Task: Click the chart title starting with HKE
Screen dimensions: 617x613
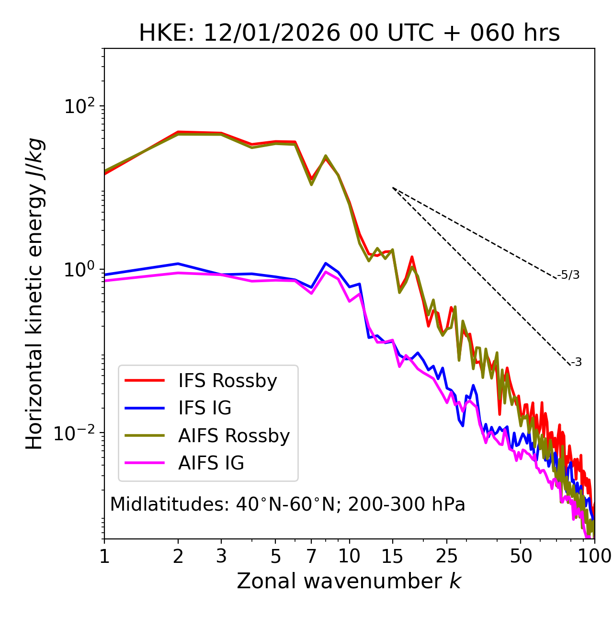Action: click(349, 34)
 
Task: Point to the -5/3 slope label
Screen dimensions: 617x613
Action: click(568, 275)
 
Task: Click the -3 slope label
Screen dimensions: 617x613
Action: click(576, 363)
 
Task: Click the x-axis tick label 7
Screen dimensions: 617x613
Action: click(311, 556)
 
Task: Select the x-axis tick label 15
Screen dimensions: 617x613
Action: click(392, 556)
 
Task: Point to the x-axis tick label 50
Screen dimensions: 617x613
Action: click(521, 556)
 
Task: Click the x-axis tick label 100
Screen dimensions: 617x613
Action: click(594, 556)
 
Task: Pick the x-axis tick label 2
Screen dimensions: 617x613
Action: click(178, 556)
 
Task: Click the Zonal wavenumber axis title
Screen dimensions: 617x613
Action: click(349, 581)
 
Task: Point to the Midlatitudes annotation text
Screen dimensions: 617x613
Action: click(287, 504)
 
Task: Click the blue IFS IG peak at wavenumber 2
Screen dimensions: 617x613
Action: click(178, 264)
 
